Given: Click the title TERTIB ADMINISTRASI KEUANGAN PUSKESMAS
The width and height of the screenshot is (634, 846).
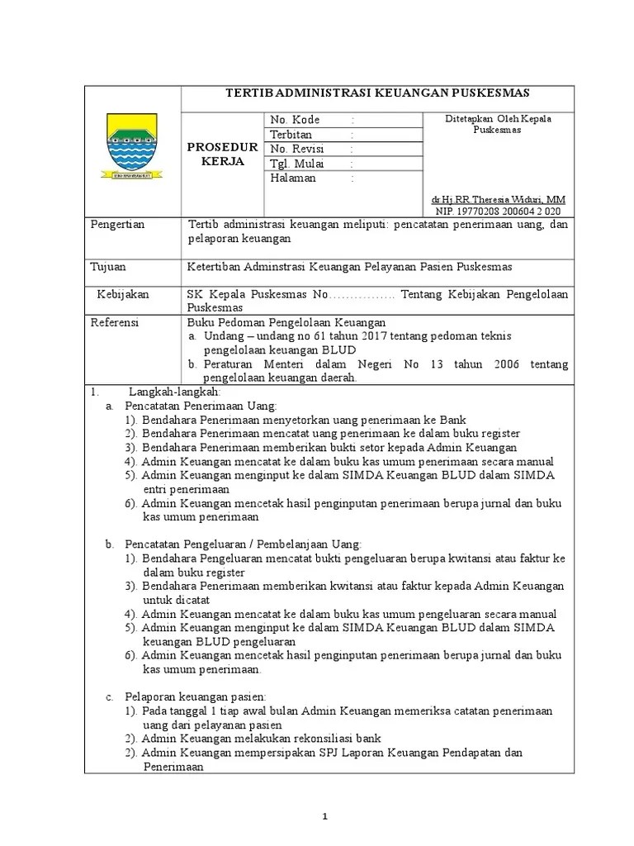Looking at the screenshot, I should [x=377, y=92].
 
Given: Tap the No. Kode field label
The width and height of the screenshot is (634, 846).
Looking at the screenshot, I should [x=295, y=120].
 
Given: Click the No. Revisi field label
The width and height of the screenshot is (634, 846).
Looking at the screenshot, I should [x=297, y=149].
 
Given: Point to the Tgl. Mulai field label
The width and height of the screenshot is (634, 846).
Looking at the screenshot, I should [x=297, y=164].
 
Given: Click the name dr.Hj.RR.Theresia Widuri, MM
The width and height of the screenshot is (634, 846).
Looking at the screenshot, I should [x=499, y=200].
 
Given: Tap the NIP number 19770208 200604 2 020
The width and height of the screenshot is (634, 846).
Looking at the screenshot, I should [x=498, y=211].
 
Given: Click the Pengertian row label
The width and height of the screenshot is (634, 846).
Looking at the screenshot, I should [x=117, y=225].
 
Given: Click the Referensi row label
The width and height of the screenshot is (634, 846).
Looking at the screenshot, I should [x=115, y=322].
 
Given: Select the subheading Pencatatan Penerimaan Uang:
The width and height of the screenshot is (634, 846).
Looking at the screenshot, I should [x=201, y=406].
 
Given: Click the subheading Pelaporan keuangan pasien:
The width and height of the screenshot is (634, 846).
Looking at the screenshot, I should [x=195, y=697].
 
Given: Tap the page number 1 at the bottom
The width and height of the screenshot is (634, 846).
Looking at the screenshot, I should [x=324, y=816].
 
